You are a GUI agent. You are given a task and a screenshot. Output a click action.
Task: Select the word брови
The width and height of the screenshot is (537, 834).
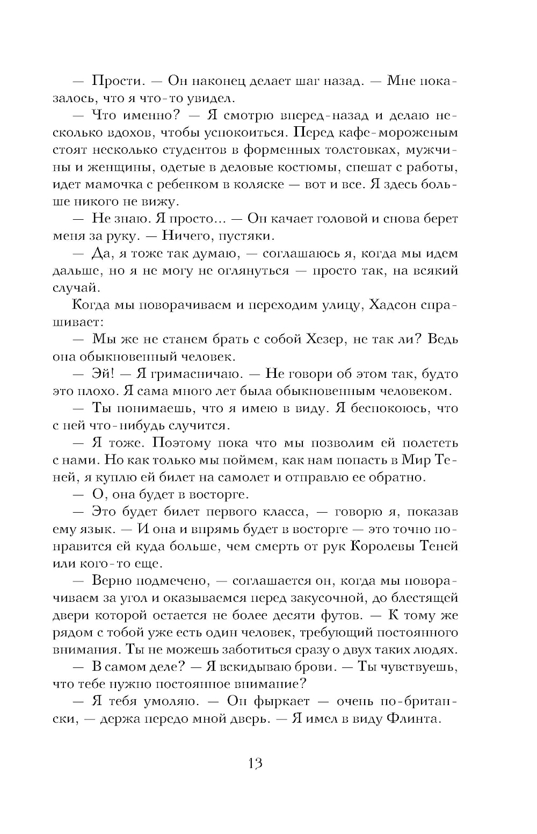[x=313, y=667]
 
